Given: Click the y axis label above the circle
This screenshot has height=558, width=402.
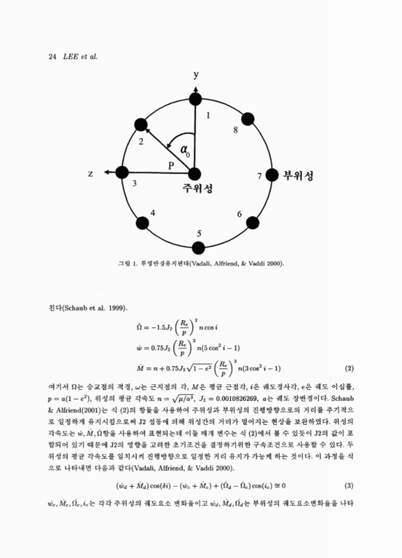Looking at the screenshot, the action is (197, 75).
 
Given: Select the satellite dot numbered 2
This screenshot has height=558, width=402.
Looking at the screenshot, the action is (142, 126).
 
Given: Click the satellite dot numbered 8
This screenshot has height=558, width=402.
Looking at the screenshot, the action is (246, 118).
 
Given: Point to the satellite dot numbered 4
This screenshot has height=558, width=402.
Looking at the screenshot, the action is (143, 223).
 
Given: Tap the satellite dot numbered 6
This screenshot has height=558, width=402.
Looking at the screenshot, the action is (249, 224).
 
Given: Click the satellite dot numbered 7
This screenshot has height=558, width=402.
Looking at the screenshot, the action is (269, 175).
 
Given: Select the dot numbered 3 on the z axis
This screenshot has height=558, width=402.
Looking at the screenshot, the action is (123, 172).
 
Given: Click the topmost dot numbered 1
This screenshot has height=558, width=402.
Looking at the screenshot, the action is (196, 100).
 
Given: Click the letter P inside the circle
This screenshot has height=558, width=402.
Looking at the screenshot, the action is (171, 165).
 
